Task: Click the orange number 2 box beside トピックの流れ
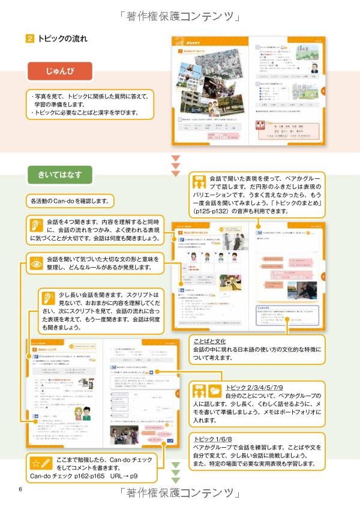coord(30,39)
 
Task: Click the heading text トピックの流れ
coord(62,39)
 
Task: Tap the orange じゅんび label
coord(60,72)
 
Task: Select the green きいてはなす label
coord(60,175)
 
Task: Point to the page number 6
coord(20,489)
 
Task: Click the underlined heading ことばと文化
coord(209,341)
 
